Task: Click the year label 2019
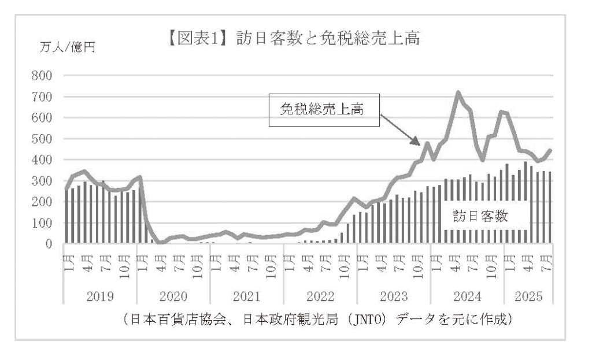click(99, 298)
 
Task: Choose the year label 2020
click(173, 298)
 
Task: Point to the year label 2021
click(247, 298)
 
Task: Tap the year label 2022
click(320, 298)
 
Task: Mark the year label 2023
click(394, 298)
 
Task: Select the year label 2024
click(468, 298)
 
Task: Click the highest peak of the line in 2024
click(458, 92)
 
